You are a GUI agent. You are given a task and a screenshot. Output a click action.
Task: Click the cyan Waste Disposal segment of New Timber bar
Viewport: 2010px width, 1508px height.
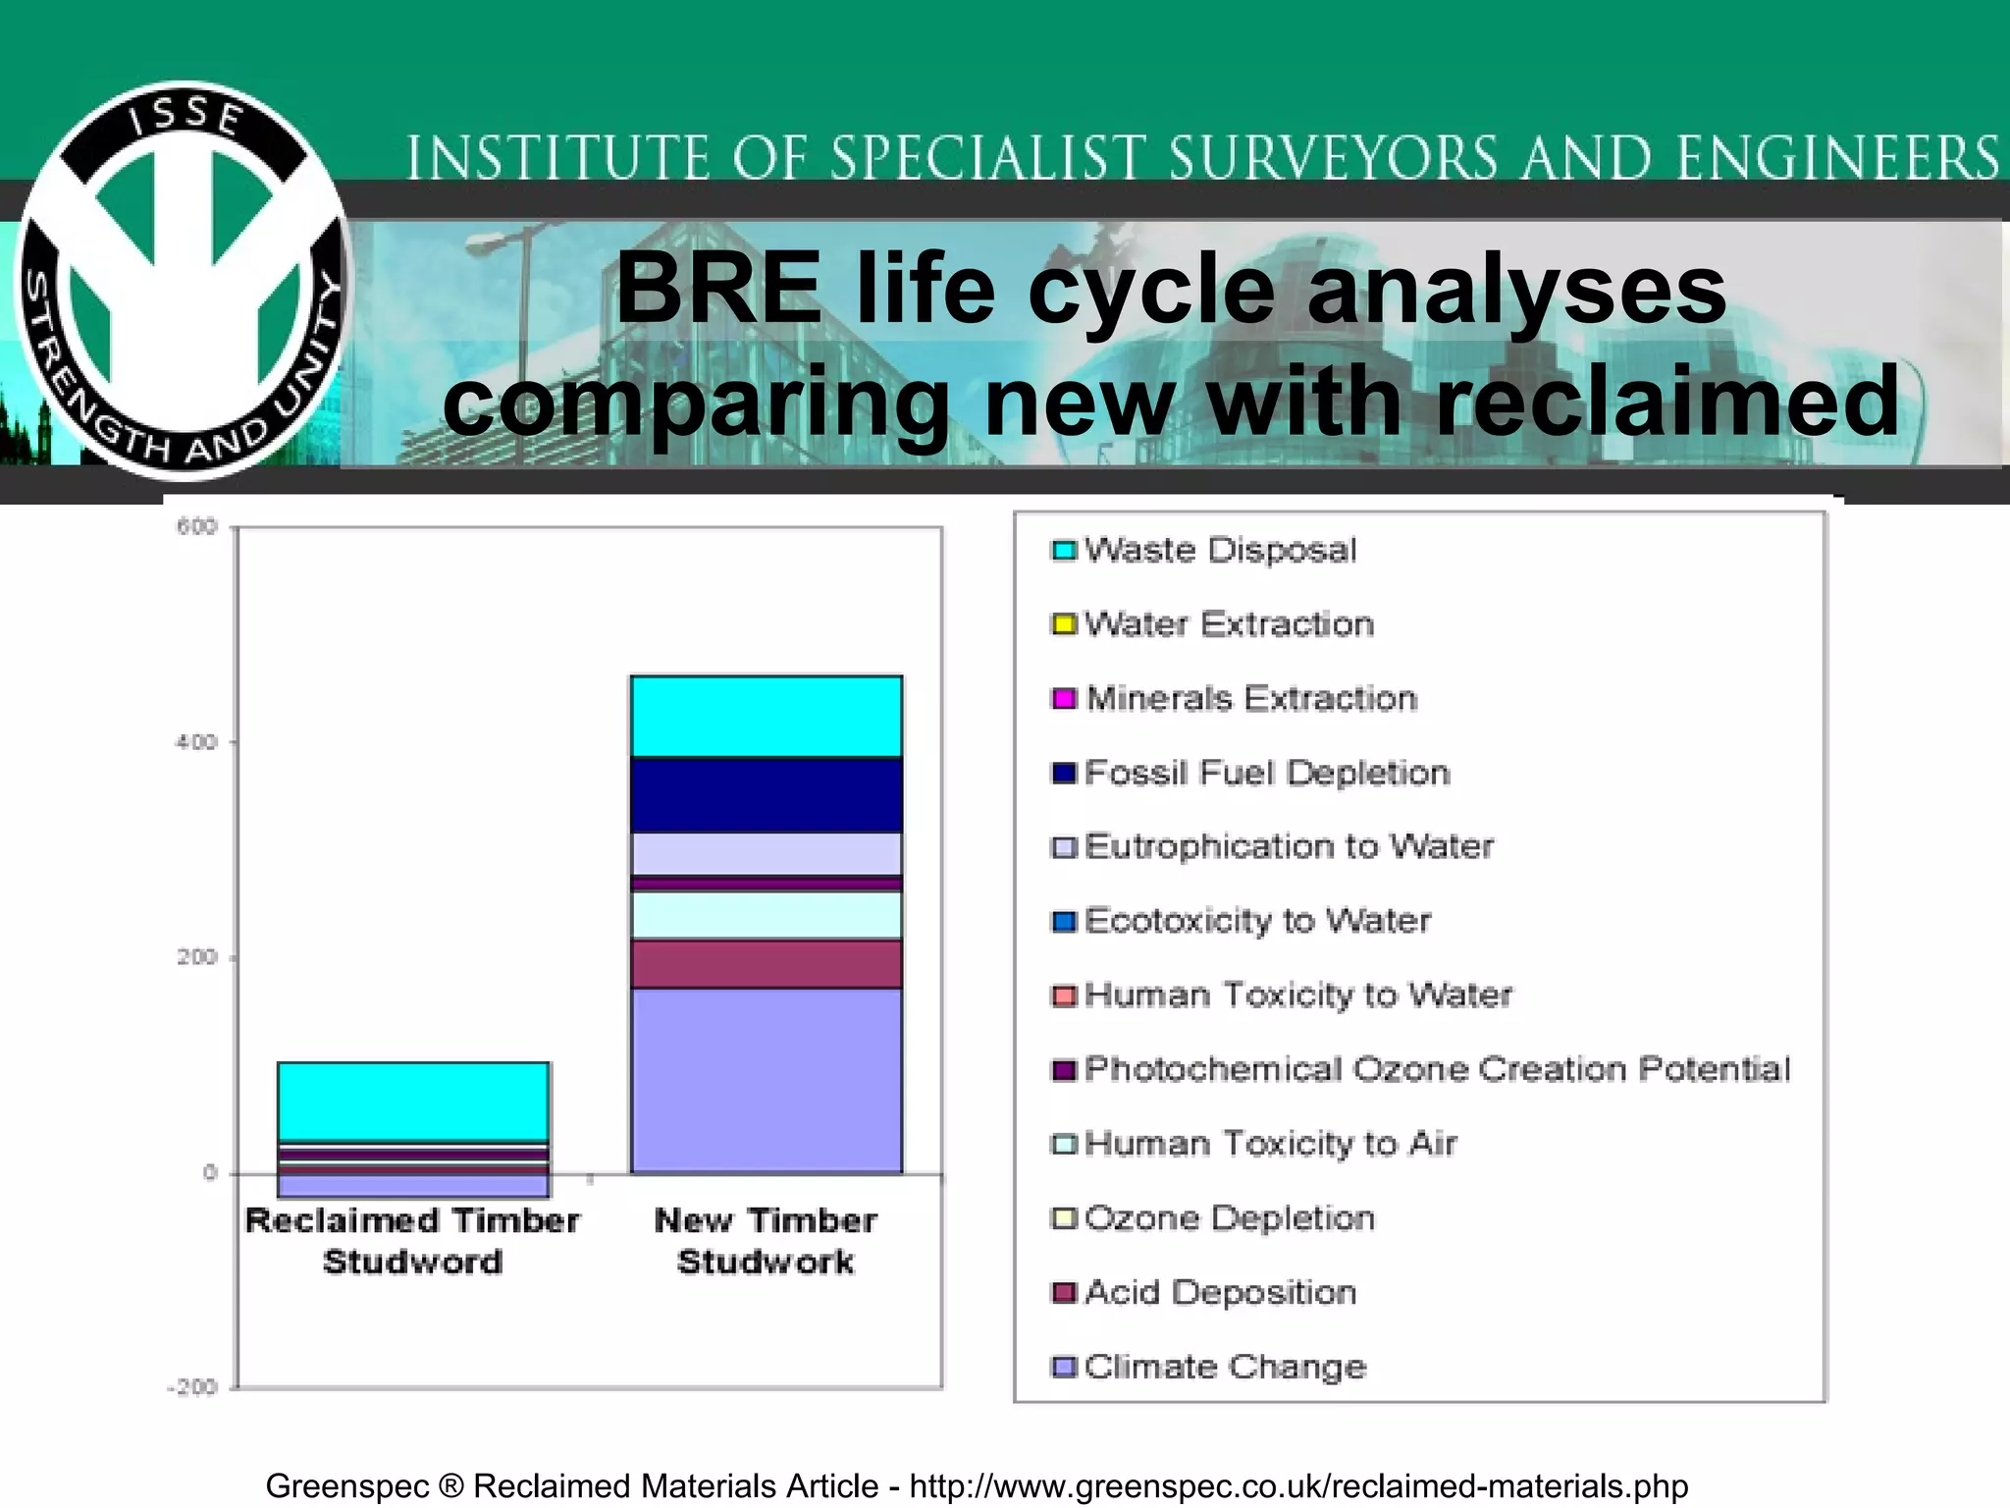coord(766,717)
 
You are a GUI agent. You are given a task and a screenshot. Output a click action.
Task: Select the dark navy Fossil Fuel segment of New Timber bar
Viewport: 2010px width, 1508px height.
coord(766,795)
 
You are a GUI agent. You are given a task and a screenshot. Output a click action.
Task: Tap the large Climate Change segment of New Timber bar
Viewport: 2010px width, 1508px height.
coord(766,1080)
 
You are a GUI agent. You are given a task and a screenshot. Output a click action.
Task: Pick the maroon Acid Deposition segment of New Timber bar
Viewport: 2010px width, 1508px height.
coord(766,964)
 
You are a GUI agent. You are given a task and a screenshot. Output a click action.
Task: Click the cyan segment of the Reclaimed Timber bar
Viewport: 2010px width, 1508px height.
coord(413,1102)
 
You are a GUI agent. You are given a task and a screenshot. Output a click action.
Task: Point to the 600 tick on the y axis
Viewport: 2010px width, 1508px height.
coord(196,527)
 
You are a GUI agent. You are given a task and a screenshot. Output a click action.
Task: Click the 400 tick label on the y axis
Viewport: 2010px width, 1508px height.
coord(196,742)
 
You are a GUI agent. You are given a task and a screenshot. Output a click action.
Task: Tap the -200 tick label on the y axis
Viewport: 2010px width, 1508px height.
coord(192,1387)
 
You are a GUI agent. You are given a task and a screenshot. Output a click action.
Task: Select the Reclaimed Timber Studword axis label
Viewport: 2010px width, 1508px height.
coord(413,1241)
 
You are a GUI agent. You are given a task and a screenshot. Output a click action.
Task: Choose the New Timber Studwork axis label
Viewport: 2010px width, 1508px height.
coord(766,1241)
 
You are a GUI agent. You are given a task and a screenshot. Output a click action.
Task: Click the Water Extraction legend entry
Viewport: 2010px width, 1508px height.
coord(1227,624)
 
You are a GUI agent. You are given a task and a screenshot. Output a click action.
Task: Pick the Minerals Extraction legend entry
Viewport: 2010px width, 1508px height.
coord(1250,698)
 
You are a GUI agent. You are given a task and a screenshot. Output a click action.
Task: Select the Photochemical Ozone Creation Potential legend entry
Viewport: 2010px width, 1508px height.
coord(1437,1069)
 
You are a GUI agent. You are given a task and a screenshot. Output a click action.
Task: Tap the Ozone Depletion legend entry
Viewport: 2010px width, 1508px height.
coord(1229,1218)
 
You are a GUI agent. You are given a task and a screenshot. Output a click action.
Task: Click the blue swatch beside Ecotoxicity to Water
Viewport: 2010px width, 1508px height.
coord(1064,922)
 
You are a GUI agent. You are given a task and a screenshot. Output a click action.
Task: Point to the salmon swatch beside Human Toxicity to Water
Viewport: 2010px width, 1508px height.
coord(1064,996)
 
